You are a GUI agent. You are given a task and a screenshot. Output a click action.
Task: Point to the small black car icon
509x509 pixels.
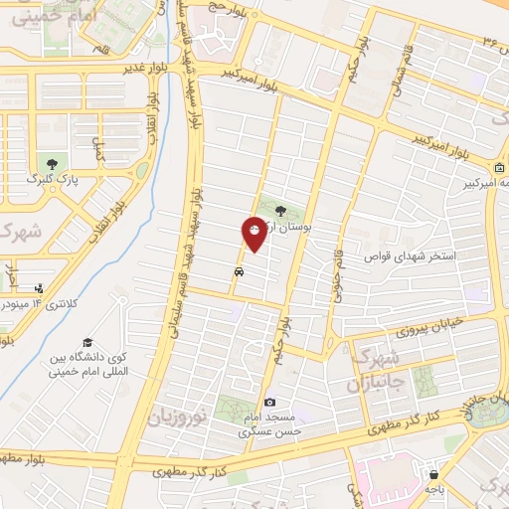pyautogui.click(x=239, y=270)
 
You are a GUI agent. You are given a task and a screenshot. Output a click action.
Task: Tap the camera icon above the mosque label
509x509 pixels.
pyautogui.click(x=270, y=403)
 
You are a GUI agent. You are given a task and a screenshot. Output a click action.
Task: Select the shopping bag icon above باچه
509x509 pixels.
pyautogui.click(x=433, y=474)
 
